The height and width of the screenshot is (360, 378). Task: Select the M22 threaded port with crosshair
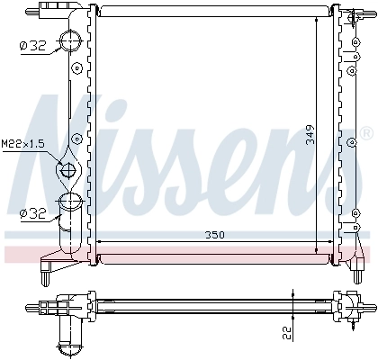pyautogui.click(x=68, y=168)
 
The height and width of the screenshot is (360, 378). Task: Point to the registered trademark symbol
pyautogui.click(x=364, y=133)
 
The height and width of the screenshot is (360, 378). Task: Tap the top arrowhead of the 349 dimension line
pyautogui.click(x=318, y=17)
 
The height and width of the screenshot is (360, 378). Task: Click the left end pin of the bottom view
pyautogui.click(x=42, y=304)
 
